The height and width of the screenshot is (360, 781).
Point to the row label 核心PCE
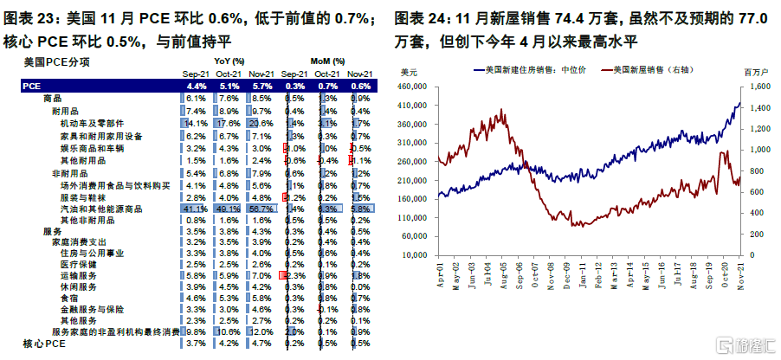click(x=44, y=344)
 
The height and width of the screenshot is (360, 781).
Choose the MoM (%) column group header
click(x=327, y=62)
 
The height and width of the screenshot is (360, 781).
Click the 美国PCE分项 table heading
click(x=55, y=62)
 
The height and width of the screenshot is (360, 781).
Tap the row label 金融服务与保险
click(x=88, y=307)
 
